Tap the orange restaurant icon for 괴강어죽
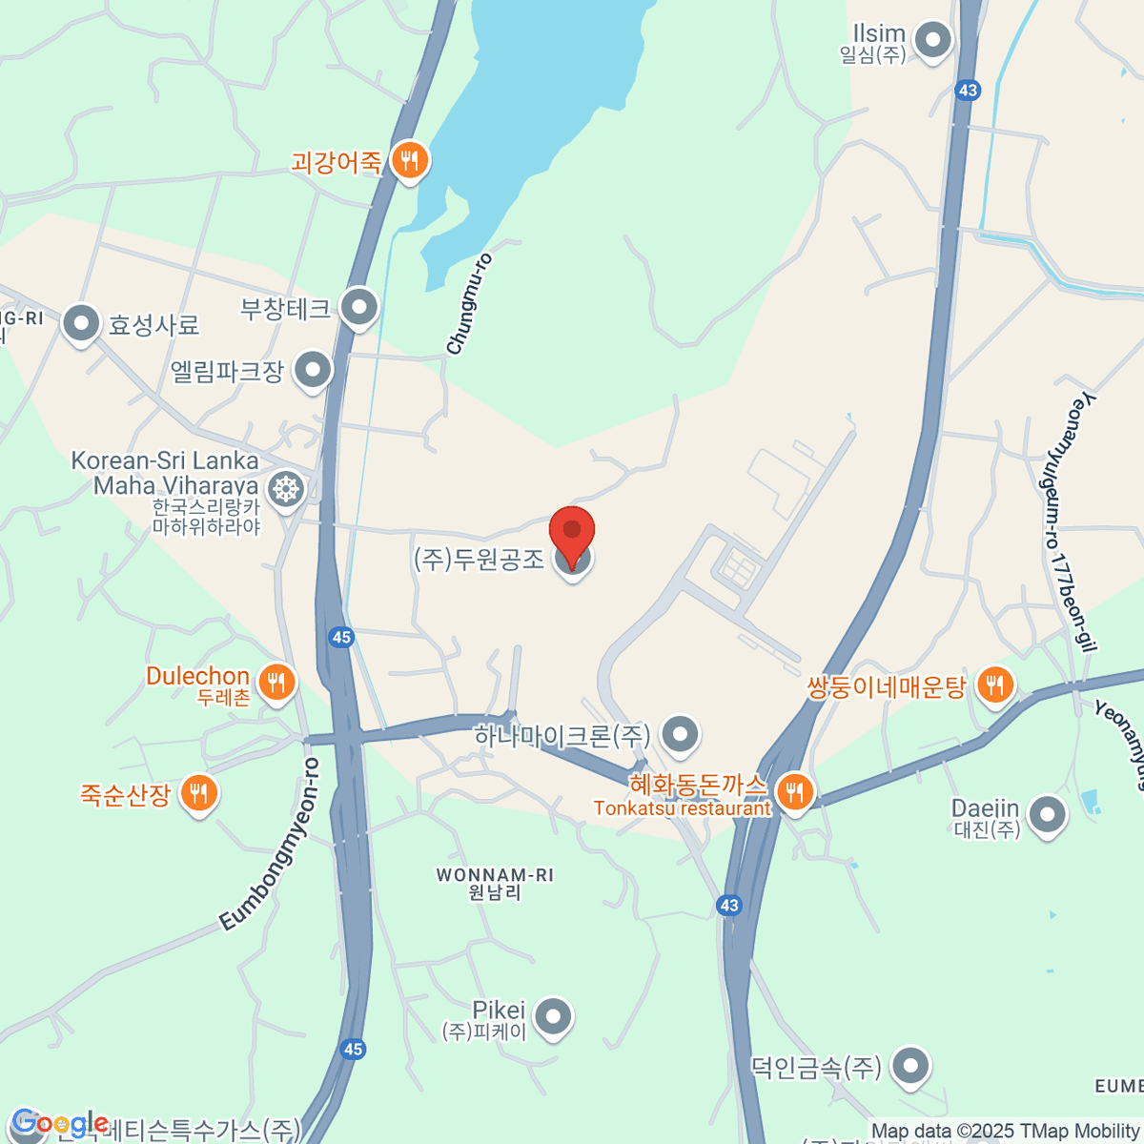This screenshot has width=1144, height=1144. click(x=410, y=161)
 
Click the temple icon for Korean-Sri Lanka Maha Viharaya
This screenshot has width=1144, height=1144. click(x=285, y=490)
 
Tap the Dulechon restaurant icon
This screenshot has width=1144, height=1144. click(x=276, y=683)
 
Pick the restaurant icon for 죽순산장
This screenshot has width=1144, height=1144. click(x=198, y=792)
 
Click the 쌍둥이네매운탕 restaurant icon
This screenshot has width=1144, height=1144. click(x=994, y=684)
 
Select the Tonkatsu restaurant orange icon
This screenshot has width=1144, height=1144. click(x=793, y=791)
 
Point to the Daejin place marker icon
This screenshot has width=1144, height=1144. click(x=1048, y=816)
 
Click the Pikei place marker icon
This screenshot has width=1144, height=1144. click(x=552, y=1017)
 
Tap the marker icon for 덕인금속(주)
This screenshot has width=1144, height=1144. click(x=910, y=1067)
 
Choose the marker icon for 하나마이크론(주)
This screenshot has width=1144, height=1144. click(x=680, y=735)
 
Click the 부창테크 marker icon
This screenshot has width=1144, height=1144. click(x=359, y=308)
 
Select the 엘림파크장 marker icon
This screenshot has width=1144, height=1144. click(x=312, y=370)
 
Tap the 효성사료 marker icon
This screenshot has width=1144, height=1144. click(x=81, y=324)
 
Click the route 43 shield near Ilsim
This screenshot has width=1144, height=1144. click(x=968, y=91)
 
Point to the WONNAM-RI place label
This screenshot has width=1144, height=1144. click(x=495, y=883)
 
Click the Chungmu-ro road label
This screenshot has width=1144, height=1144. click(x=469, y=304)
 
